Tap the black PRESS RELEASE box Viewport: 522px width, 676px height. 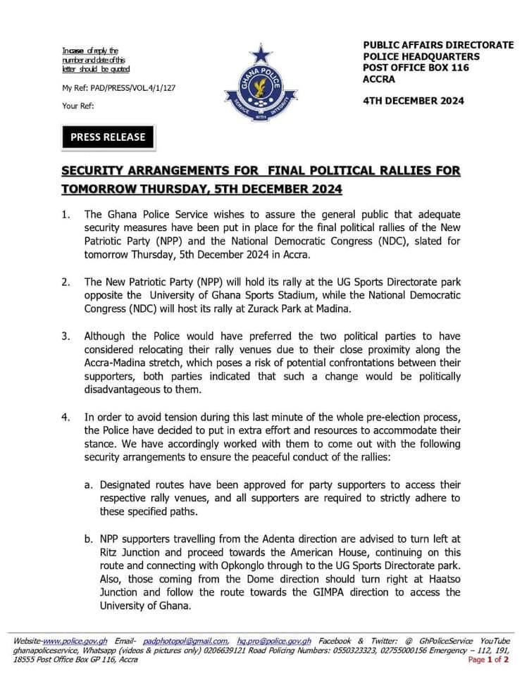[x=108, y=137]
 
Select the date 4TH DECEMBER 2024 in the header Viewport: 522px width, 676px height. [x=414, y=101]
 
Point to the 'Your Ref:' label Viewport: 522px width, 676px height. [x=78, y=106]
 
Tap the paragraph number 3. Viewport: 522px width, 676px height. [x=66, y=336]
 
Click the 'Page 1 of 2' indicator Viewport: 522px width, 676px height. [x=487, y=660]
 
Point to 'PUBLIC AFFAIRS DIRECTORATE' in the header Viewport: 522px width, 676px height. [x=438, y=44]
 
